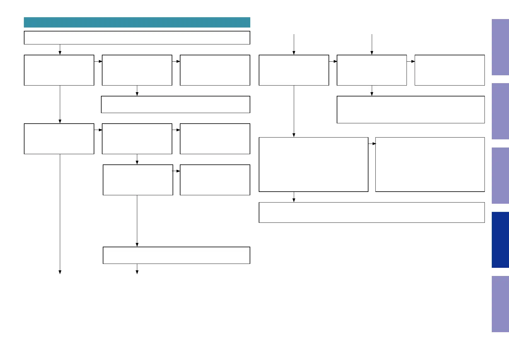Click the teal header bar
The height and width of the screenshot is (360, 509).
point(137,22)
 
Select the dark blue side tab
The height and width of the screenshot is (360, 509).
point(500,240)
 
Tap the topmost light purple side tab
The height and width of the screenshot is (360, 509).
point(500,47)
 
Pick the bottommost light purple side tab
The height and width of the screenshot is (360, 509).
point(500,304)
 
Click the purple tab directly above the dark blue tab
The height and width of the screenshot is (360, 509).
point(500,176)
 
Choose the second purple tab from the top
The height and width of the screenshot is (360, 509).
point(500,111)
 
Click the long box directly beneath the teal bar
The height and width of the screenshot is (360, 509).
point(137,38)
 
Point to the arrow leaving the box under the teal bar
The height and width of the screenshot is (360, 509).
point(60,50)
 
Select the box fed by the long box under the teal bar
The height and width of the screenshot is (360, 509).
point(59,70)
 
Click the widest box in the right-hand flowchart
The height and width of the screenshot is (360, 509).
point(372,212)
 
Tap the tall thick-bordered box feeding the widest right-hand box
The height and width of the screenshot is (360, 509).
point(313,164)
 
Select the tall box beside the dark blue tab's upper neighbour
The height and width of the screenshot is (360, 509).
point(430,164)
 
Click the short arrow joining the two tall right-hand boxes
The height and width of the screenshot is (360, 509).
point(372,144)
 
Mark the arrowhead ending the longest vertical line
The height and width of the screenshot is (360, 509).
point(60,272)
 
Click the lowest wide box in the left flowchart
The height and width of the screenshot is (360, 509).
point(177,255)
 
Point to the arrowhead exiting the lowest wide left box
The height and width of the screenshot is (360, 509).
point(137,272)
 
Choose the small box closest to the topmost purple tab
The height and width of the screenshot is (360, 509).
point(450,70)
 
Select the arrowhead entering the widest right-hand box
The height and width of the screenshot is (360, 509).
point(294,200)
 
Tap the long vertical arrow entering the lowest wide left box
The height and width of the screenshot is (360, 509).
point(137,221)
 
